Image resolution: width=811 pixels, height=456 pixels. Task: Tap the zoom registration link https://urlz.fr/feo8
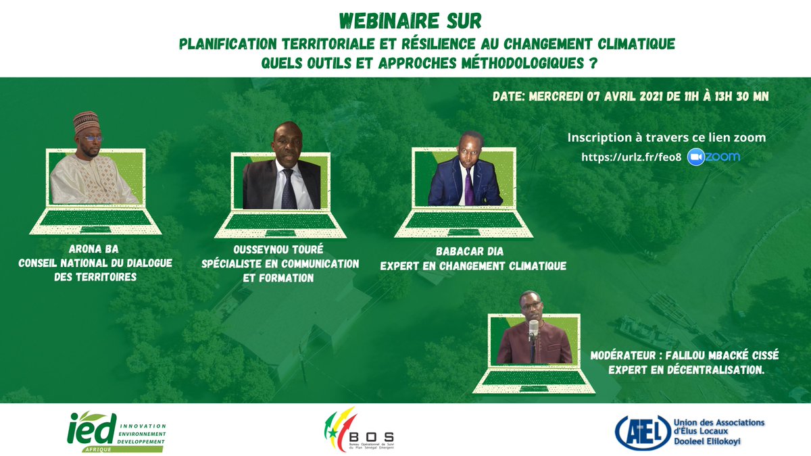[x=631, y=157]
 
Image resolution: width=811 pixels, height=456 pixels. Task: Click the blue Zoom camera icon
[x=696, y=157]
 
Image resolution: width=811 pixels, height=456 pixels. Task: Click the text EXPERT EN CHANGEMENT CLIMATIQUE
[x=472, y=266]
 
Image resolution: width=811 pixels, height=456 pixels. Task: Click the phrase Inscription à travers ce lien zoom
[x=666, y=138]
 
